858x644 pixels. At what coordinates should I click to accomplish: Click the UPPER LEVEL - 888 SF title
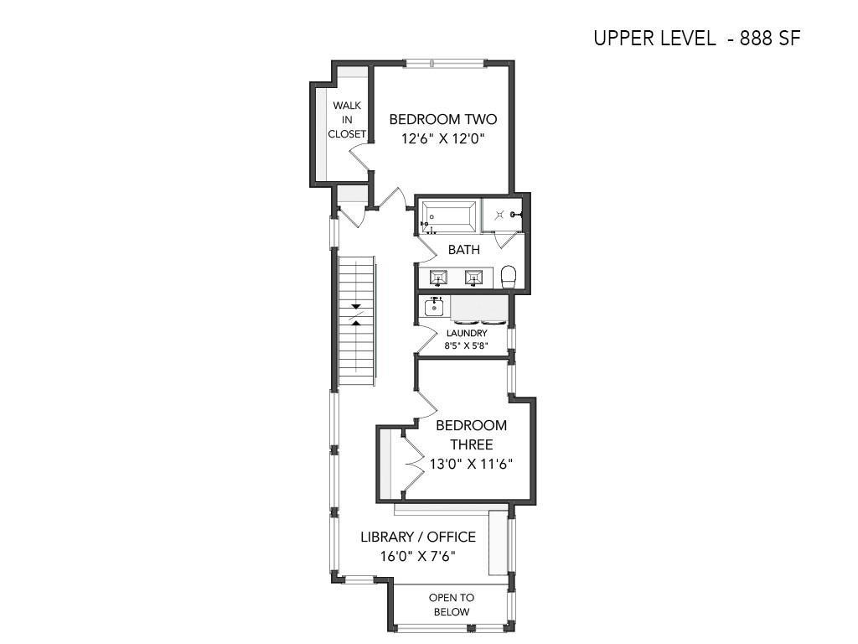pyautogui.click(x=697, y=39)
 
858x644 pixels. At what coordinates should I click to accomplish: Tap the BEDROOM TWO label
pyautogui.click(x=443, y=119)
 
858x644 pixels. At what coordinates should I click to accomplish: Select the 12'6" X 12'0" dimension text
pyautogui.click(x=443, y=138)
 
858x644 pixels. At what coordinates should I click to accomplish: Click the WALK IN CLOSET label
pyautogui.click(x=347, y=119)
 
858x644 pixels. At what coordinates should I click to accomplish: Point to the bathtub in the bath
pyautogui.click(x=448, y=217)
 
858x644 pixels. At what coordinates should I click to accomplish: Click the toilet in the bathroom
pyautogui.click(x=509, y=277)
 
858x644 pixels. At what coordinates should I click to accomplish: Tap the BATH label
pyautogui.click(x=464, y=250)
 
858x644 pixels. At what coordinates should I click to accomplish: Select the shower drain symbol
pyautogui.click(x=499, y=216)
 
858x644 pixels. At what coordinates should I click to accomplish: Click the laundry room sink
pyautogui.click(x=435, y=307)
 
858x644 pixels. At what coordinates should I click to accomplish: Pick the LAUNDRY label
pyautogui.click(x=467, y=333)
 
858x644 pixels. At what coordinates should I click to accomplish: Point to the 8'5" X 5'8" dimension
pyautogui.click(x=466, y=345)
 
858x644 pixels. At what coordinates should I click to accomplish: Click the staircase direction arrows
pyautogui.click(x=356, y=314)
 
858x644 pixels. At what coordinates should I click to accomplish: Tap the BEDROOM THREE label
pyautogui.click(x=471, y=435)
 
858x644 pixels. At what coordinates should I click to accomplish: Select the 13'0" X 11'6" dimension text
pyautogui.click(x=471, y=465)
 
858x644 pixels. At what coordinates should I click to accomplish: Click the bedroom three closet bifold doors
pyautogui.click(x=413, y=464)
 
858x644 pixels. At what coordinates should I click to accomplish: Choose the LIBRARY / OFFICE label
pyautogui.click(x=418, y=537)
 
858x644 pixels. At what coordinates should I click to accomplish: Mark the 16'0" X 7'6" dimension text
pyautogui.click(x=418, y=557)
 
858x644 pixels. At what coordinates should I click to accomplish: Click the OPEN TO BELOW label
pyautogui.click(x=452, y=605)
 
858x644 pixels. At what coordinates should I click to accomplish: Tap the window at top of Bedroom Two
pyautogui.click(x=444, y=64)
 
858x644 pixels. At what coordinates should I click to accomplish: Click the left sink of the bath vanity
pyautogui.click(x=438, y=278)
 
